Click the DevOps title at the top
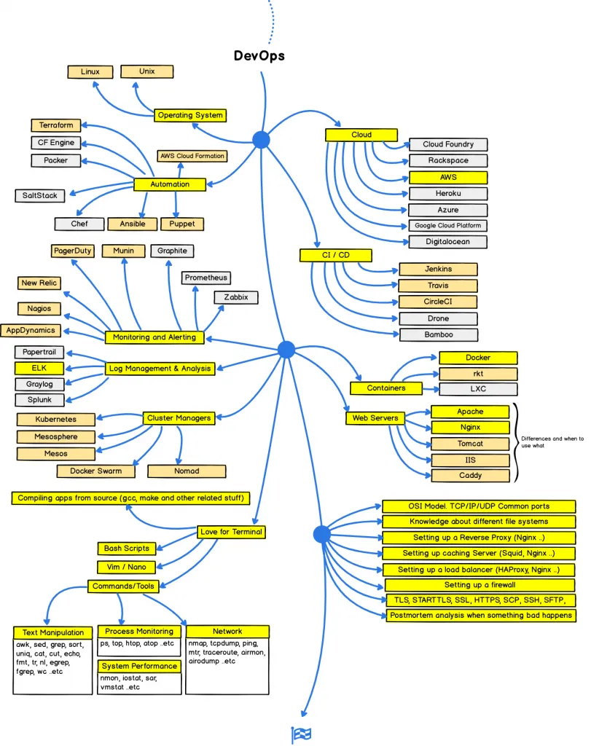click(x=259, y=55)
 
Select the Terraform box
click(x=56, y=125)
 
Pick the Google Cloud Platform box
click(x=447, y=226)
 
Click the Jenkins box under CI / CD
click(x=438, y=270)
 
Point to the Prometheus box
click(x=206, y=278)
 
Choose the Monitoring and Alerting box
click(x=154, y=337)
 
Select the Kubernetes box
click(x=56, y=420)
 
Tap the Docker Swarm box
click(x=95, y=471)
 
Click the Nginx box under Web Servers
click(x=470, y=428)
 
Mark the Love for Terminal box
click(x=231, y=532)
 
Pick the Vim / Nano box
click(x=126, y=567)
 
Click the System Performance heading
click(x=139, y=666)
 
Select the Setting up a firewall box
click(x=480, y=585)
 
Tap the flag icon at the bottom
click(x=301, y=734)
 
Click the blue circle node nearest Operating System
click(x=261, y=140)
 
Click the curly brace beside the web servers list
click(x=515, y=441)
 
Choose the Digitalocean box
click(x=447, y=242)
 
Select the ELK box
click(x=39, y=368)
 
